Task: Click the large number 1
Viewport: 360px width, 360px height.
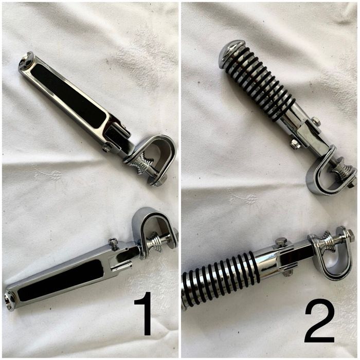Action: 143,313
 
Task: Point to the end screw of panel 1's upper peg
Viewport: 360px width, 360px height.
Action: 25,60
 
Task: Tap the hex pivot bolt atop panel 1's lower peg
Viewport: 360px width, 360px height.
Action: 113,242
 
